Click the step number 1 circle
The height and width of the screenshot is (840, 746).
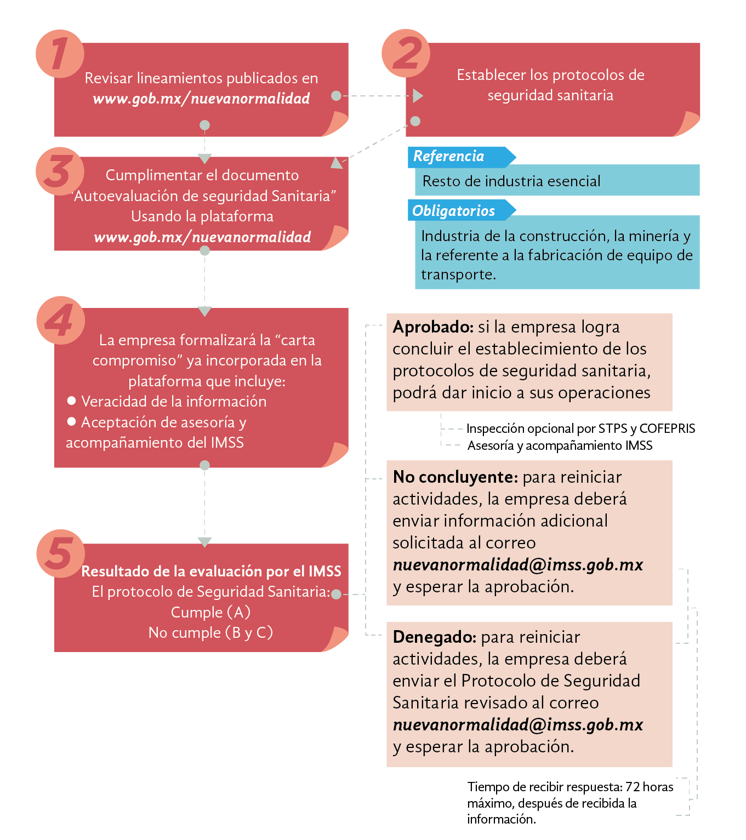pos(59,54)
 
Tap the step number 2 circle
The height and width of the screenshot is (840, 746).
pos(406,54)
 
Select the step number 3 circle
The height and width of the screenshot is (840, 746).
pos(59,170)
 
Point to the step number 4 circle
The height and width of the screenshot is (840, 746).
pos(60,320)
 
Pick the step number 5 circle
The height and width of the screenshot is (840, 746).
pos(60,553)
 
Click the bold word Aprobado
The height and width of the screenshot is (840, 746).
pos(433,327)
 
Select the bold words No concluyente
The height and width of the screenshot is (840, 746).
pos(455,477)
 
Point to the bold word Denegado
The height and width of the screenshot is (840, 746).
pos(434,637)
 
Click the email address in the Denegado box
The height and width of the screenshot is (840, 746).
pos(517,725)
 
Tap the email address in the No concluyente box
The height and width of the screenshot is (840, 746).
pos(517,565)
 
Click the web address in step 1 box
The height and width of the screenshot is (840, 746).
pos(201,99)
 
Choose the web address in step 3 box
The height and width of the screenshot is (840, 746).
pos(202,237)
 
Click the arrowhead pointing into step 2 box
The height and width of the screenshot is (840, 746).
pos(418,96)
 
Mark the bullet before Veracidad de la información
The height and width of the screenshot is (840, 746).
pos(71,401)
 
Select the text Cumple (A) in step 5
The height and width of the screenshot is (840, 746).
pos(210,612)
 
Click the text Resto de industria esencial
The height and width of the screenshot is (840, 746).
pos(511,181)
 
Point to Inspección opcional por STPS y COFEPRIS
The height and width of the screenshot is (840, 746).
pos(580,428)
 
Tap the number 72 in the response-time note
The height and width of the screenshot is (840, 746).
pos(633,787)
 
